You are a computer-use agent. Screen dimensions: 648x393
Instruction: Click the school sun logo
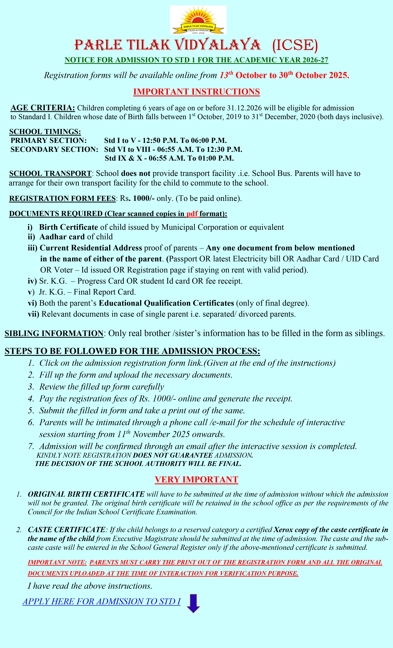tap(198, 20)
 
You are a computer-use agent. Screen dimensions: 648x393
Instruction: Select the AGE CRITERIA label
tap(43, 108)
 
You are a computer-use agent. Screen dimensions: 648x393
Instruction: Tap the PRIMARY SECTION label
tap(49, 140)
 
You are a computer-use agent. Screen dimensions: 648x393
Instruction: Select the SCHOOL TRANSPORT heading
tap(50, 174)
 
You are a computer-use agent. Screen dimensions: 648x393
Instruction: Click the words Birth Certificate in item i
tap(69, 227)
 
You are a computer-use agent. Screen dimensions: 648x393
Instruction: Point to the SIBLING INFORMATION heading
tap(54, 333)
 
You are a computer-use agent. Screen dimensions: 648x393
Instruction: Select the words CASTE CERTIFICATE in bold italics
tap(66, 530)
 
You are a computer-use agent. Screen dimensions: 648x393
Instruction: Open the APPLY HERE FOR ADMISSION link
tap(101, 601)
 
